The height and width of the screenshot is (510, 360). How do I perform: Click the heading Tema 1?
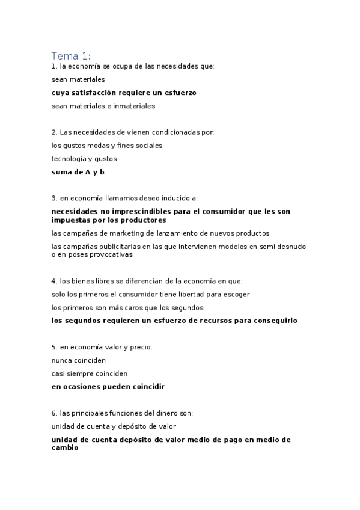point(71,56)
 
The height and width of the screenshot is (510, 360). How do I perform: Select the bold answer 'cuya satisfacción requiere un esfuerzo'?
point(124,93)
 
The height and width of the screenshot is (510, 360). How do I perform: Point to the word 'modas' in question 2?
point(99,146)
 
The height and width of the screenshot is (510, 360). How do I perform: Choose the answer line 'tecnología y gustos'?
point(84,159)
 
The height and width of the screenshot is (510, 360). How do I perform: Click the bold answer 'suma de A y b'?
point(78,172)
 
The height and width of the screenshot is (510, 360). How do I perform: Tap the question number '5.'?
point(54,347)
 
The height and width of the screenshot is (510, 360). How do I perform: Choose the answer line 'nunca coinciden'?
point(79,360)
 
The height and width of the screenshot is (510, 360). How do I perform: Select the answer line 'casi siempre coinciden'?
point(90,373)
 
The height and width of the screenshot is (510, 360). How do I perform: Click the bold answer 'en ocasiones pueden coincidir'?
point(108,387)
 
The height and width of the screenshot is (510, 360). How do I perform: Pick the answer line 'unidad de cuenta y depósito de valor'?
point(114,426)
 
